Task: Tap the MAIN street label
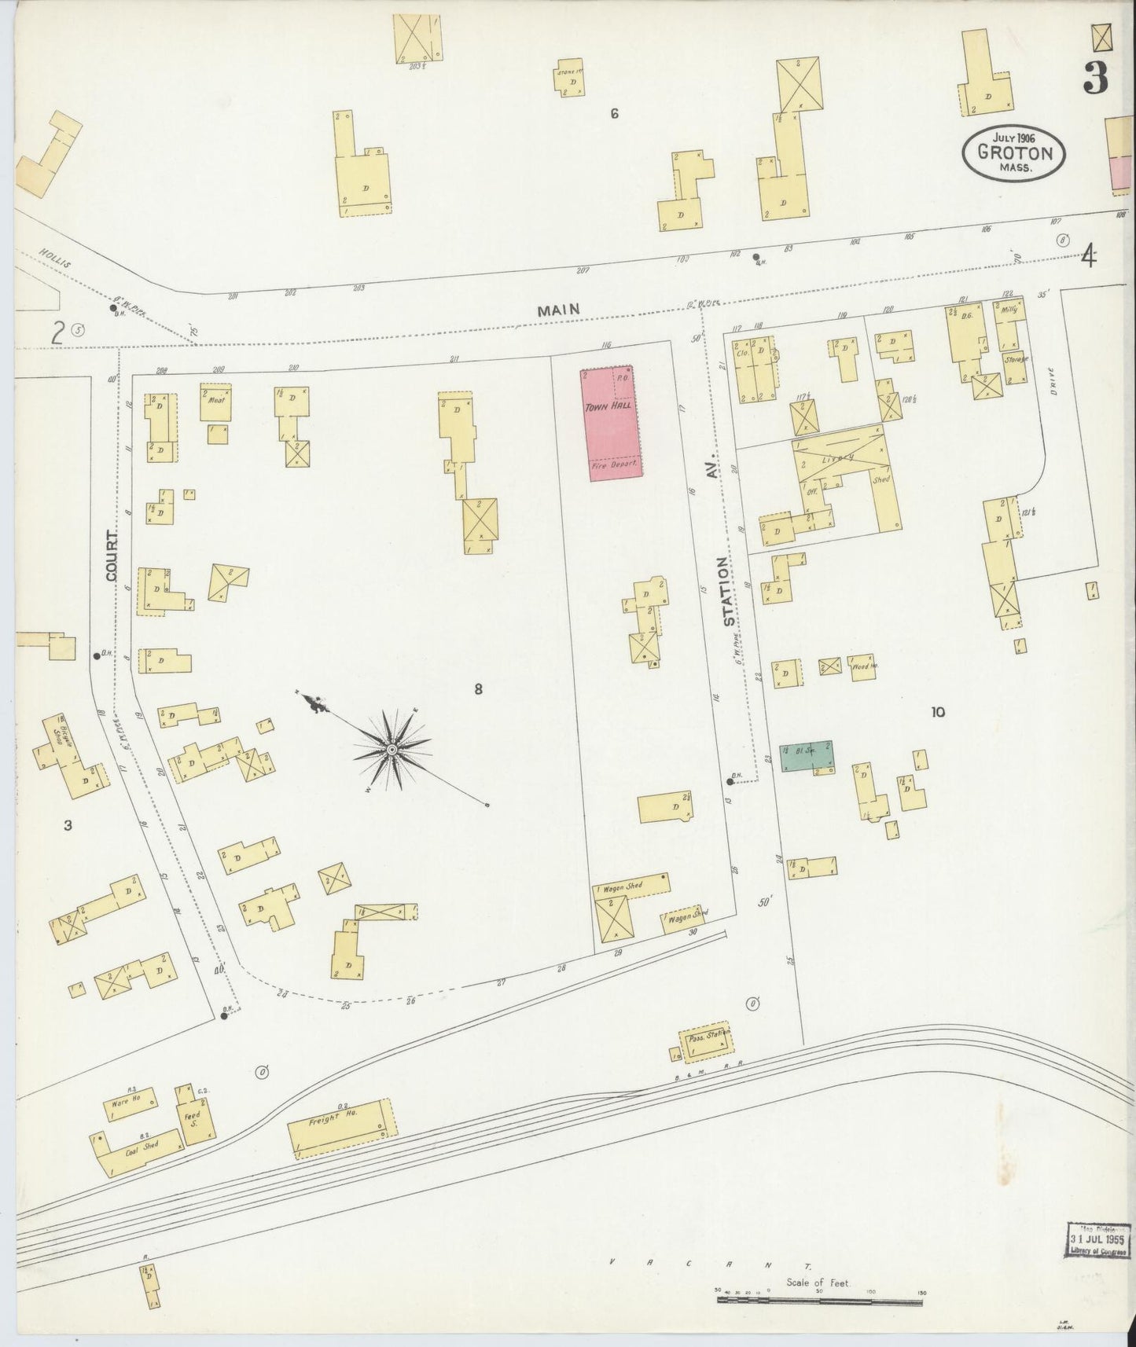558,310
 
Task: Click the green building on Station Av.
805,756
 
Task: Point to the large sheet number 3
1094,77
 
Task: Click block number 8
477,689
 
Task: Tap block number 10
937,712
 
